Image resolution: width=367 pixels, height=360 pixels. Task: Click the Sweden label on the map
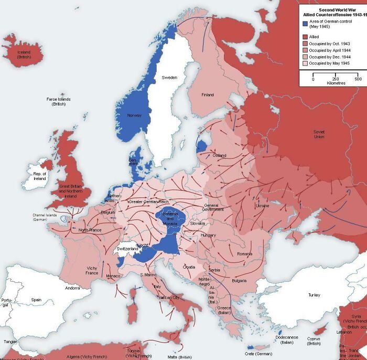click(169, 77)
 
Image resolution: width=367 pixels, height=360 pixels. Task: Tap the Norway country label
click(134, 115)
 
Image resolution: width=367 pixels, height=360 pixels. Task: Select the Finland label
click(208, 94)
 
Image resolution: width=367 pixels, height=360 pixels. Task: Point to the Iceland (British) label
click(24, 55)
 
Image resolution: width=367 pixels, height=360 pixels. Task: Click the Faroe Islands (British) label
click(58, 101)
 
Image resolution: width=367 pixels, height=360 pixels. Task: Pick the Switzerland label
click(127, 248)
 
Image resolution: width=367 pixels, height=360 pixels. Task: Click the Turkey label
click(314, 295)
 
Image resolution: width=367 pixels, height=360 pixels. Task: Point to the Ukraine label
click(262, 206)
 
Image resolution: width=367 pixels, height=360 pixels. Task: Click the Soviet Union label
click(319, 134)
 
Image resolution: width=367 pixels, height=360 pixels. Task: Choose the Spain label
click(36, 300)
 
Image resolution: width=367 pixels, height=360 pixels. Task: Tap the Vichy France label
click(92, 270)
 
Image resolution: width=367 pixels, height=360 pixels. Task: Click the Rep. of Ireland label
click(40, 176)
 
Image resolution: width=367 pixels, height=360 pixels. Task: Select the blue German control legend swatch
click(305, 24)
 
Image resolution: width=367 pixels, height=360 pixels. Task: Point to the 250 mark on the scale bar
click(335, 79)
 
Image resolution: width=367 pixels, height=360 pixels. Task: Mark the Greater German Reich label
click(149, 202)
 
